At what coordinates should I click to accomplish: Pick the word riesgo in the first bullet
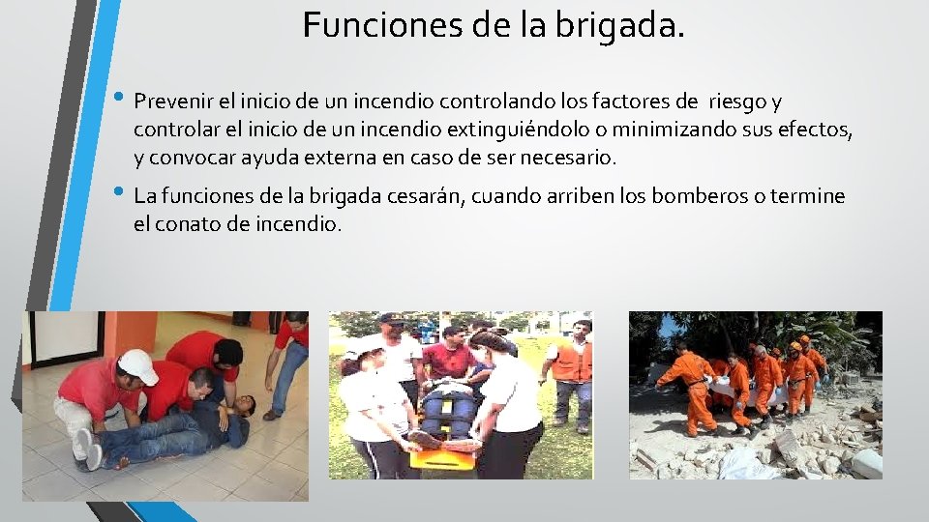pos(737,101)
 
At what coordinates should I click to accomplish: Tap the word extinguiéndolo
pos(541,129)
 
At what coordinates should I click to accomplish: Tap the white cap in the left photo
pos(138,365)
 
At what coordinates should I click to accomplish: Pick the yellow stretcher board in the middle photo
pos(443,455)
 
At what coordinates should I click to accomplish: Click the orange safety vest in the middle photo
pos(572,362)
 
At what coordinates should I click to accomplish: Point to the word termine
pos(812,197)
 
